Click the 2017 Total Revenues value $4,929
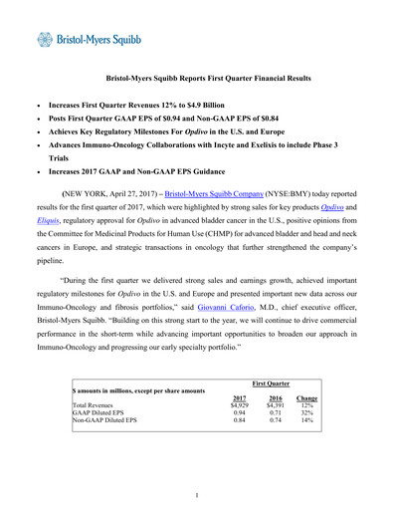[239, 405]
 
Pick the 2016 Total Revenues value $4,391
[276, 405]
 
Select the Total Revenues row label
[96, 405]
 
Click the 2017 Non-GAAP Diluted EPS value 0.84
[239, 421]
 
